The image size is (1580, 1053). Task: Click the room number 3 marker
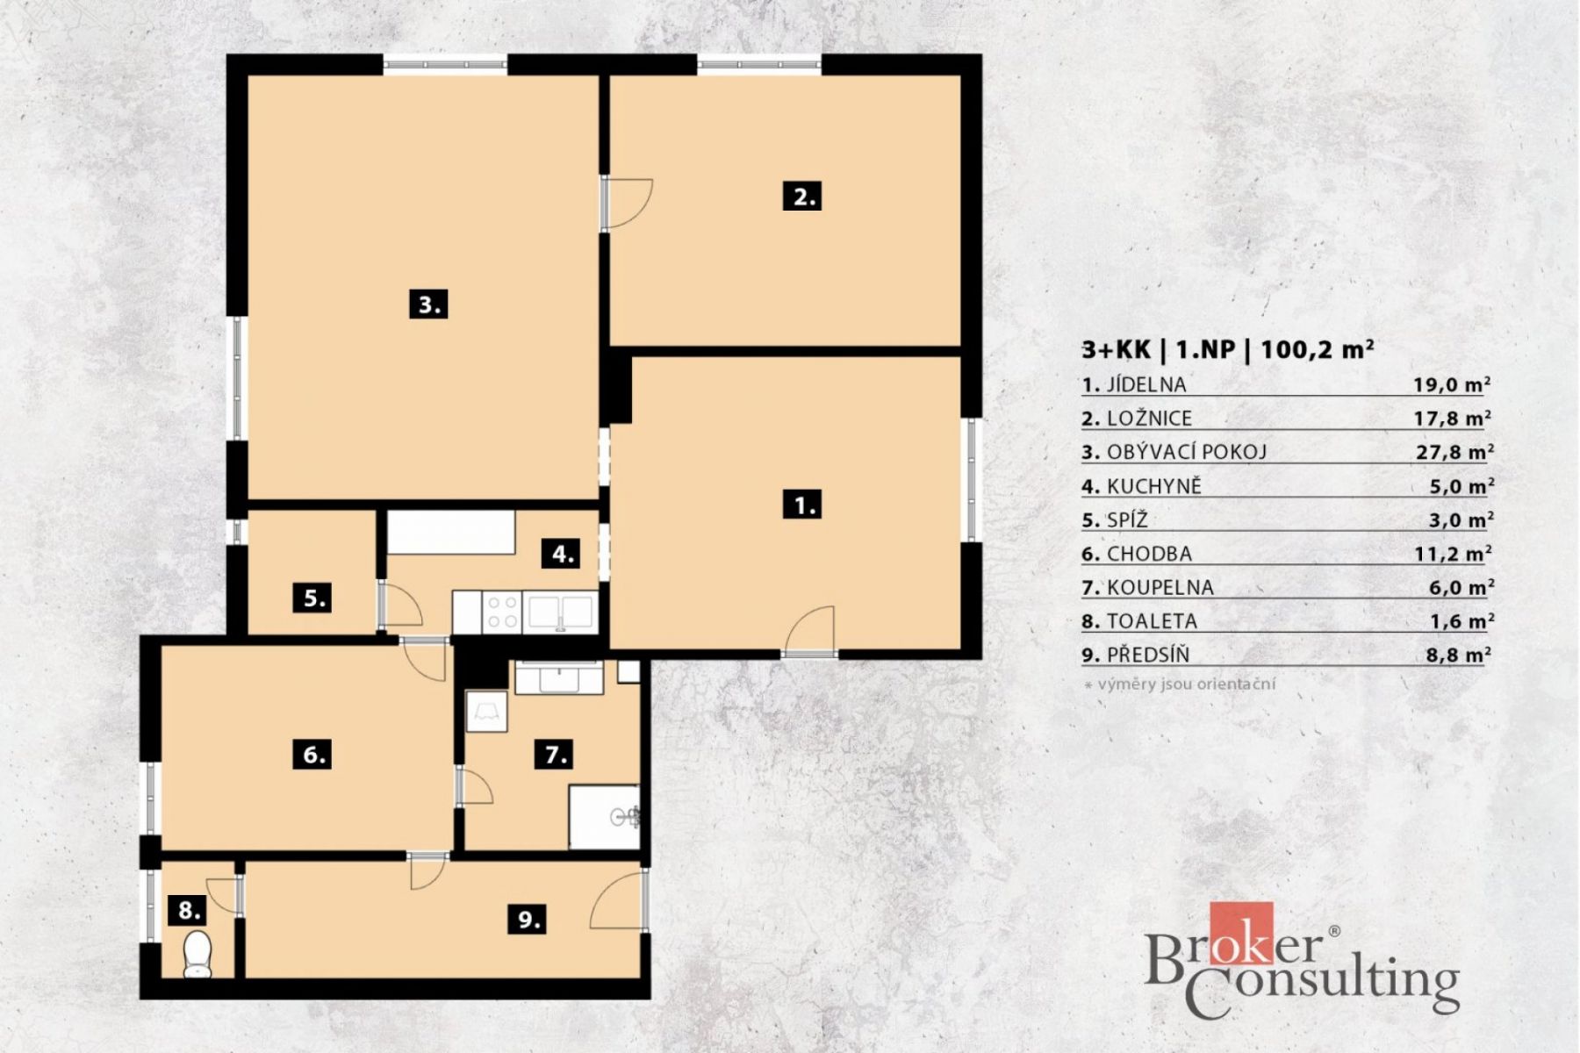tap(428, 304)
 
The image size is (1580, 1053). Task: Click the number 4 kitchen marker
tap(562, 554)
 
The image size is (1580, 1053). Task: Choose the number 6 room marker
tap(313, 754)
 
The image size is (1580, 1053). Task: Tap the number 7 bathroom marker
tap(556, 754)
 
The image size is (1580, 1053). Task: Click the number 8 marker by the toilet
tap(190, 910)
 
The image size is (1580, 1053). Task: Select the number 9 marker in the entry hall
tap(528, 919)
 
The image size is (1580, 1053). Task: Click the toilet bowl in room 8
tap(197, 955)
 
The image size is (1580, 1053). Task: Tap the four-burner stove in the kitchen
tap(502, 612)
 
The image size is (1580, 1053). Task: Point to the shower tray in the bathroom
tap(604, 817)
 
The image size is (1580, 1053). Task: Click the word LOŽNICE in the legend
tap(1149, 419)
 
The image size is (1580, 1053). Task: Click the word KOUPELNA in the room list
tap(1160, 587)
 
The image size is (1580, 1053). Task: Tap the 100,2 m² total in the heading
tap(1318, 349)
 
